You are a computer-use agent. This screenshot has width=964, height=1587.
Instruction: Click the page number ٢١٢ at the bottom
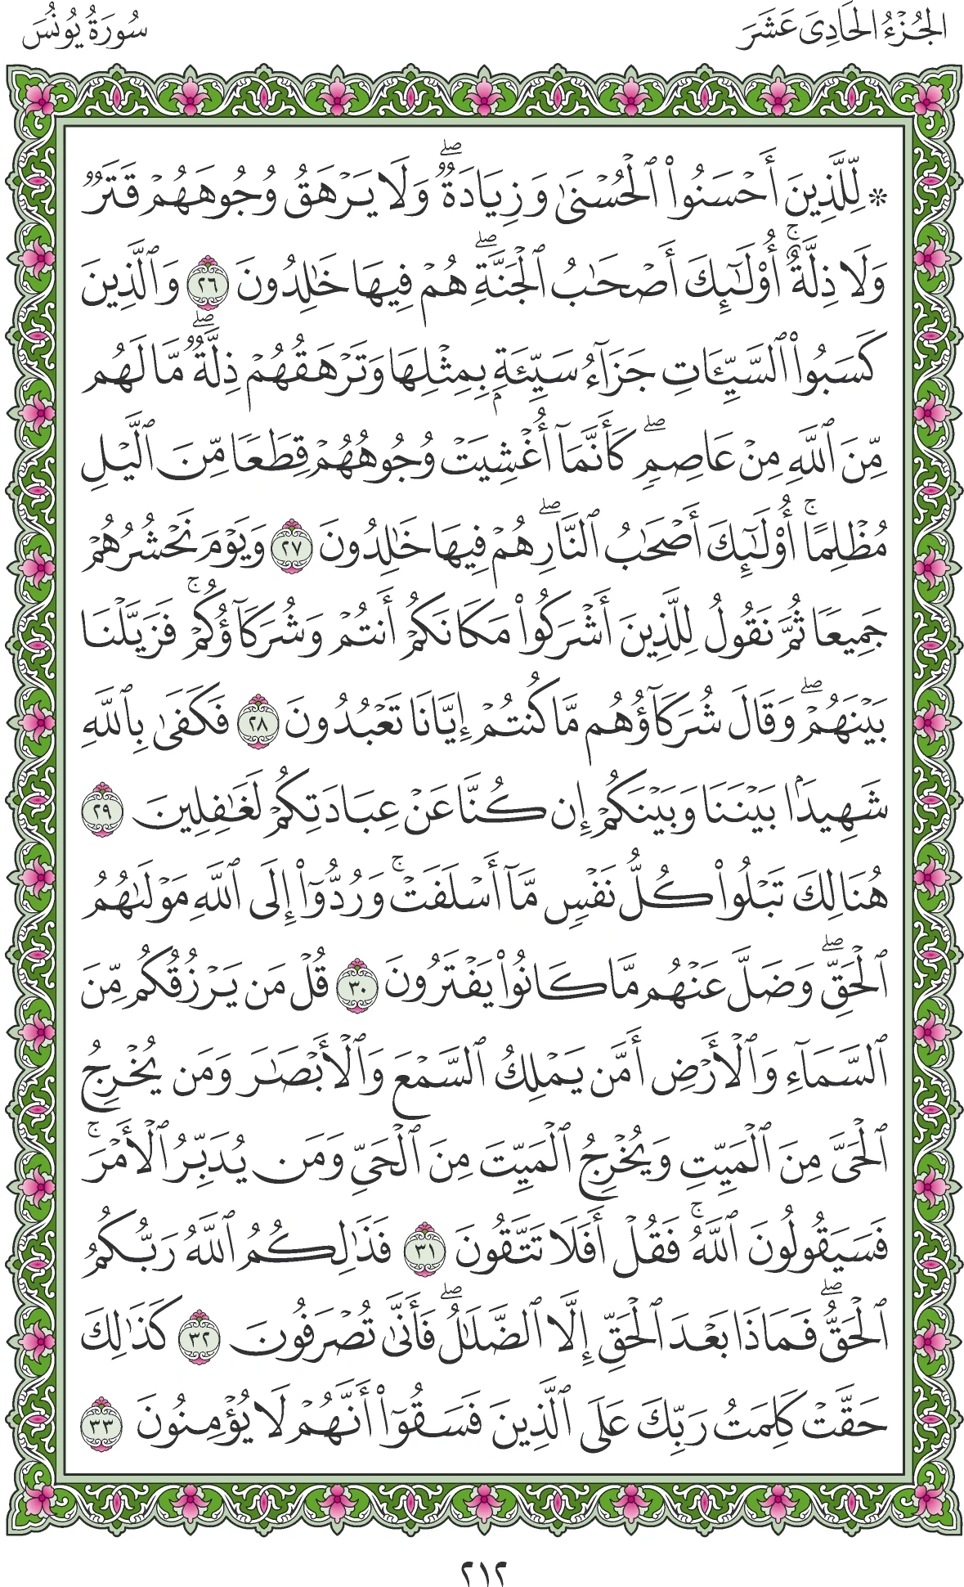(x=482, y=1552)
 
